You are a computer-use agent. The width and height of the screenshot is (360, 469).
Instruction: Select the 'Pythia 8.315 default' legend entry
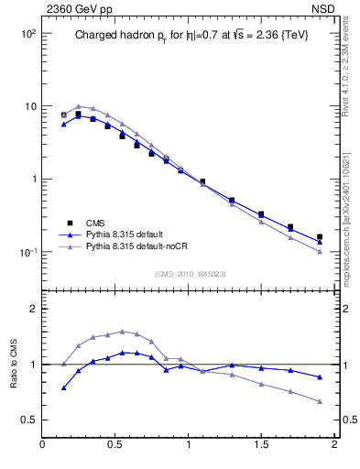126,234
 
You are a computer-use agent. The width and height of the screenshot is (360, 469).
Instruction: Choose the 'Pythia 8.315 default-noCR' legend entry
137,246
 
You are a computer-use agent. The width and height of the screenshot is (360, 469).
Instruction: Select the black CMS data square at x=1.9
320,236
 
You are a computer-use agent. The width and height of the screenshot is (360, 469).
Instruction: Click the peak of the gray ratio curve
123,332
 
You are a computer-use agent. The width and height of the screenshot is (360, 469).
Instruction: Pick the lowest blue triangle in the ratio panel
64,387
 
